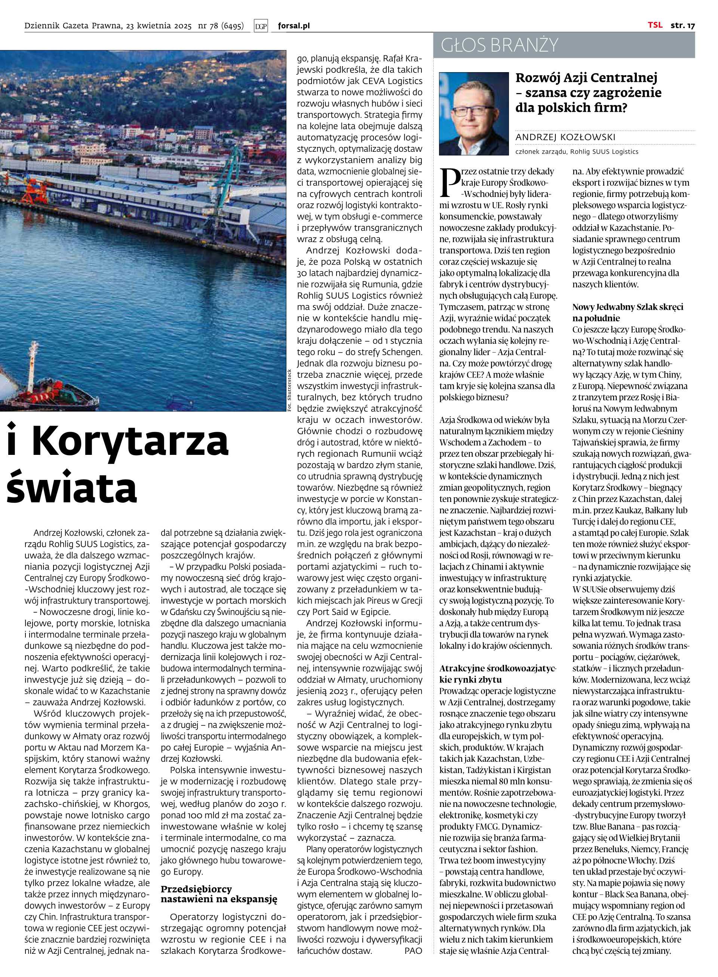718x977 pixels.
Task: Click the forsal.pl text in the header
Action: click(x=294, y=26)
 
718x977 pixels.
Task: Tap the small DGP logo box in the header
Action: click(x=261, y=26)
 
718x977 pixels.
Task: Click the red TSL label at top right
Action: click(x=655, y=25)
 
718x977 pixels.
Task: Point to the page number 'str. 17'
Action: click(x=682, y=25)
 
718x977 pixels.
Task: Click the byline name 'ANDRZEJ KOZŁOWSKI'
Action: click(x=565, y=138)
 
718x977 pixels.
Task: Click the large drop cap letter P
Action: click(x=449, y=181)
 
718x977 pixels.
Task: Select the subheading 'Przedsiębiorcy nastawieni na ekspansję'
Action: click(x=219, y=894)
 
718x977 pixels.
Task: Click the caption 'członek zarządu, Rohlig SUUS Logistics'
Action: click(x=576, y=152)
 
